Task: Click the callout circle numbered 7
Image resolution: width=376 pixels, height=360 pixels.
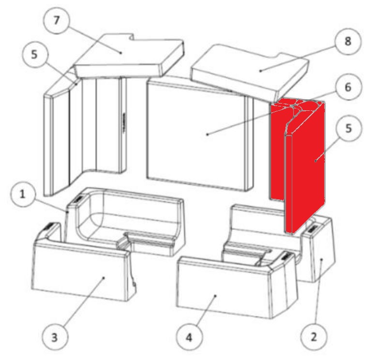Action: [57, 20]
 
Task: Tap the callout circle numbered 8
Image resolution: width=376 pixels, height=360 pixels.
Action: [348, 41]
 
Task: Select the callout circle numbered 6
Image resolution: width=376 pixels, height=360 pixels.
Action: [348, 87]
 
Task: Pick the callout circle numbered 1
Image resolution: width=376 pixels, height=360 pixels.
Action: [23, 194]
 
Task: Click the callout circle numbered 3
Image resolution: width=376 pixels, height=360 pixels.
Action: [55, 337]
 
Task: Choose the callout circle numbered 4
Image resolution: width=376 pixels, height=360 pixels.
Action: [189, 337]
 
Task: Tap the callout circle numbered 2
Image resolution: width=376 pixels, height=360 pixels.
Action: [314, 336]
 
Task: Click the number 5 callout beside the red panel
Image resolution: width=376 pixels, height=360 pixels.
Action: [348, 129]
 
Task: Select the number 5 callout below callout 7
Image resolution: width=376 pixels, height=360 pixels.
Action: [35, 55]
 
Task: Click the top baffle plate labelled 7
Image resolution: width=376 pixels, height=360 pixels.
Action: [128, 56]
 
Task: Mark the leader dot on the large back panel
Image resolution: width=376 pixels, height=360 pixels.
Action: [208, 135]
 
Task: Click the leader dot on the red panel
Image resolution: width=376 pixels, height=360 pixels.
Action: [316, 161]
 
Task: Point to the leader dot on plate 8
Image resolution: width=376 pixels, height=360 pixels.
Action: [260, 71]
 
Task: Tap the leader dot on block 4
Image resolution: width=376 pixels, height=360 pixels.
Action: [215, 296]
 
